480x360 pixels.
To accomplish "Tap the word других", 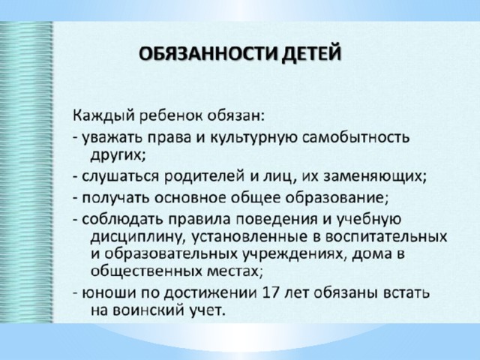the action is tap(118, 155).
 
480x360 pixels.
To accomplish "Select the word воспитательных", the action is tap(385, 237).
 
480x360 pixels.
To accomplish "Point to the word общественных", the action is tap(147, 271).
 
